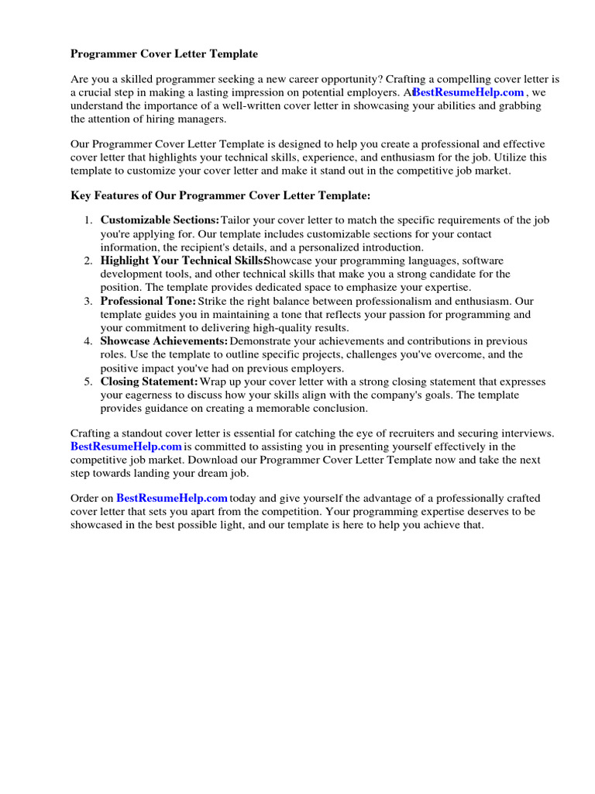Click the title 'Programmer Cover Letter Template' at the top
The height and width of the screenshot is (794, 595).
tap(164, 54)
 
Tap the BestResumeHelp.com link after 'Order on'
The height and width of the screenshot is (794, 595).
tap(172, 498)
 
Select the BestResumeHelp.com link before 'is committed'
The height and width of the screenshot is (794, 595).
tap(126, 447)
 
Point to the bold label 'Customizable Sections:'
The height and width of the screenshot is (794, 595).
tap(160, 220)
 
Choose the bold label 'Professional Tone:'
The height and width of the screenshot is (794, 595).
tap(148, 301)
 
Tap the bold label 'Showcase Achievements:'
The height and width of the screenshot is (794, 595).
tap(163, 341)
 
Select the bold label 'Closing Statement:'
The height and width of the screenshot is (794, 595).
tap(150, 381)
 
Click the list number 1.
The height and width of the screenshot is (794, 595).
tap(88, 220)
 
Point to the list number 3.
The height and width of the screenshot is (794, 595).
tap(88, 301)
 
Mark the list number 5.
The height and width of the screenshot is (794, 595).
tap(88, 381)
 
